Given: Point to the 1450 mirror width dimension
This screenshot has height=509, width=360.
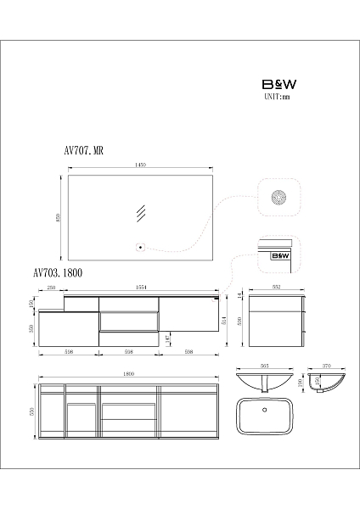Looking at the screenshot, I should [x=141, y=166].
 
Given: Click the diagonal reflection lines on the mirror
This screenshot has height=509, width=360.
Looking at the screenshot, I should [x=143, y=213].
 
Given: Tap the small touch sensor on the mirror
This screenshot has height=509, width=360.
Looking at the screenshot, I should [x=142, y=248].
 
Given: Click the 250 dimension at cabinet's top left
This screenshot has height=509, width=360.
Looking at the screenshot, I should [x=52, y=287].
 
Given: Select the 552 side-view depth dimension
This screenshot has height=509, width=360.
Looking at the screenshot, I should [x=275, y=287].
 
